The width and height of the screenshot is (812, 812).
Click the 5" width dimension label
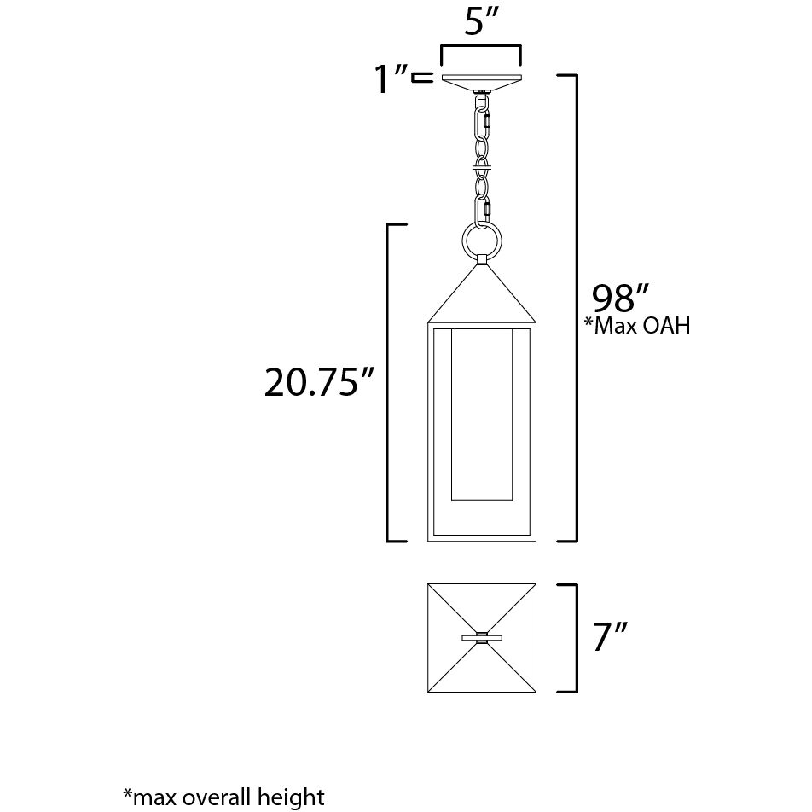pos(480,23)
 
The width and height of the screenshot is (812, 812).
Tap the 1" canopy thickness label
pos(389,79)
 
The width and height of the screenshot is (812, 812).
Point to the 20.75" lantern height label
pos(320,384)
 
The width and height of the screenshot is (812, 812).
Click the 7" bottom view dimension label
pos(611,638)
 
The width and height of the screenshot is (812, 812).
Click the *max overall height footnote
pos(223,797)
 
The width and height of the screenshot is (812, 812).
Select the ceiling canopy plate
pos(481,81)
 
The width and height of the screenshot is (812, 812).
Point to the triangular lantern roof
pos(482,294)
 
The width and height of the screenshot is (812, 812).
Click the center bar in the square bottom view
pos(482,637)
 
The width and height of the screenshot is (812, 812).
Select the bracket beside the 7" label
pos(572,638)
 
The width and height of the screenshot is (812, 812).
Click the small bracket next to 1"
pos(421,79)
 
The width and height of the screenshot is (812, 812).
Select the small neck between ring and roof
pos(482,259)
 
